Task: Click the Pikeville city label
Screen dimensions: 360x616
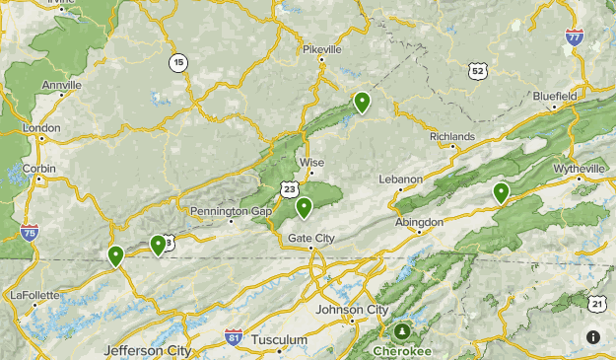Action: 322,48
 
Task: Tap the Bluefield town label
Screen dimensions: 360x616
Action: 555,96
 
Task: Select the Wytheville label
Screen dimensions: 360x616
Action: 580,169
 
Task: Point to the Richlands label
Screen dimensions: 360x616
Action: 452,136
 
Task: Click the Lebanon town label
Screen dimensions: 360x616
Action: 401,179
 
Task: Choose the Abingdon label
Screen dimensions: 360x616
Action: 419,222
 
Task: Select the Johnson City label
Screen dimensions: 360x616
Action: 352,309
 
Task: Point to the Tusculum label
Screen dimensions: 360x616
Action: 279,339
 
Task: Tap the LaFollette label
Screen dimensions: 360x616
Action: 35,294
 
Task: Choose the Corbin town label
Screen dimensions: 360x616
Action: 38,168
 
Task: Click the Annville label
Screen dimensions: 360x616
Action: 62,85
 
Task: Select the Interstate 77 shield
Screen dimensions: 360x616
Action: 574,37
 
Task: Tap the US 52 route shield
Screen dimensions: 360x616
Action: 478,70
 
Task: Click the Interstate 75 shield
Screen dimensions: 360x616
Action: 29,233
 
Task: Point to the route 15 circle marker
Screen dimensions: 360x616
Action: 177,62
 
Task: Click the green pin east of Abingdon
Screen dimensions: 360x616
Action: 502,192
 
